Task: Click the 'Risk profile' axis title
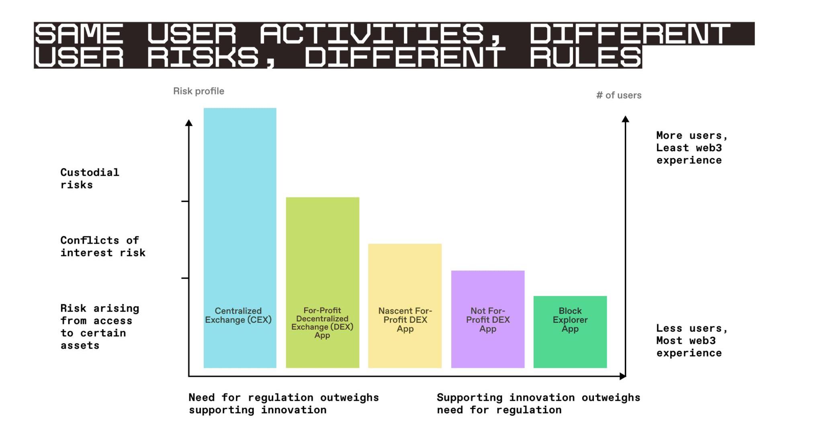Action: click(x=199, y=91)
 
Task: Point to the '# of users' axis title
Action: click(x=618, y=95)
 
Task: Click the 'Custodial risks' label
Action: click(x=90, y=178)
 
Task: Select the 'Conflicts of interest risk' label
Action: click(x=103, y=246)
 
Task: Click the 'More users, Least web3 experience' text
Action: click(x=692, y=148)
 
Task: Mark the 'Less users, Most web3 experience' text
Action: click(x=692, y=341)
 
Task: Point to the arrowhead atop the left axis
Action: click(x=189, y=123)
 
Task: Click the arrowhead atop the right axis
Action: click(x=625, y=119)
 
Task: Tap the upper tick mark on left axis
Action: click(x=185, y=201)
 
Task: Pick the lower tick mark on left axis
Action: click(x=185, y=278)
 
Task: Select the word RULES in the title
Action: click(x=585, y=57)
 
